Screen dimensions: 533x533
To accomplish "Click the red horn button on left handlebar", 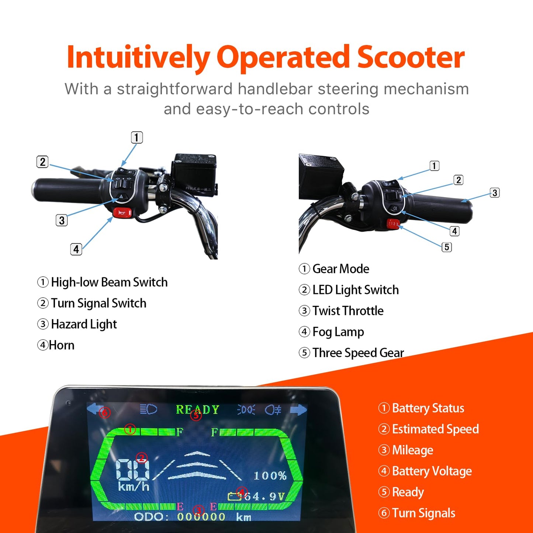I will click(122, 213).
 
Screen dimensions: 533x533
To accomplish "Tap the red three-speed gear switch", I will click(393, 224).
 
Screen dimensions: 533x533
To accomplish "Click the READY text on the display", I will click(197, 410).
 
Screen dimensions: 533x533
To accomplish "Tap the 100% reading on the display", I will click(270, 476).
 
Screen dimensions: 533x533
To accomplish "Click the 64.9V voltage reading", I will click(264, 496).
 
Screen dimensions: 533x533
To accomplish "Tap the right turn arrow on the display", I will click(298, 410).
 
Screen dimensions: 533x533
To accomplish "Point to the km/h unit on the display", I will click(134, 487).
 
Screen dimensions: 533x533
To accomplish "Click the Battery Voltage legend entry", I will click(432, 471).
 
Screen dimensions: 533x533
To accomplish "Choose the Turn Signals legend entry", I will click(423, 513).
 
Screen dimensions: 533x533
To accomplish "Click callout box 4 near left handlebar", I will click(76, 249).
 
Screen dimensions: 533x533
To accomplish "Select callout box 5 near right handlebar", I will click(447, 247).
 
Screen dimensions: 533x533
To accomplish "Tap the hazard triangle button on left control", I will click(121, 197).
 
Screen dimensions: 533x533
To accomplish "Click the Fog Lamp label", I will click(338, 332).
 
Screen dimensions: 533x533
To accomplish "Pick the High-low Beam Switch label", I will click(109, 282).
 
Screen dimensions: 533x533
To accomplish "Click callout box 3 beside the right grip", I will click(495, 193).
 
